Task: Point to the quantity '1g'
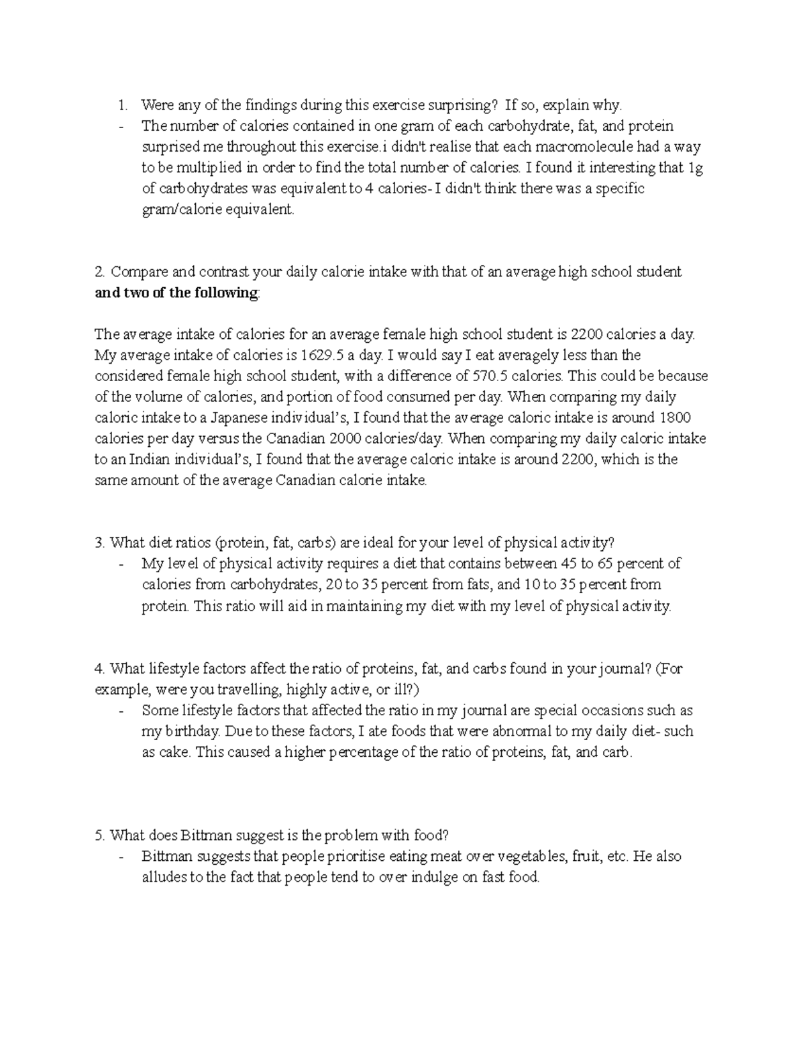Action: (x=696, y=168)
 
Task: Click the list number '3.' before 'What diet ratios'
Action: (x=100, y=543)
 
